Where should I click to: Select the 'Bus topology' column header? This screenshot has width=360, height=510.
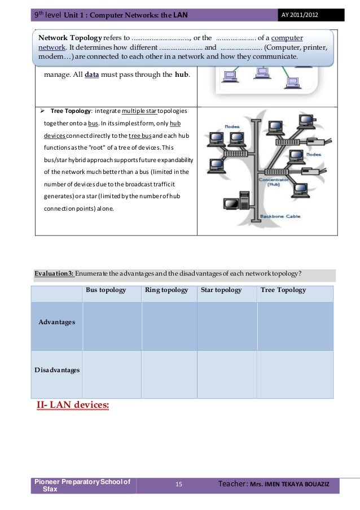[106, 290]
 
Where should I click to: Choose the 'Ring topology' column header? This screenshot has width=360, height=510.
[165, 290]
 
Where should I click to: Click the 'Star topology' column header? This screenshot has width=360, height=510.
[221, 290]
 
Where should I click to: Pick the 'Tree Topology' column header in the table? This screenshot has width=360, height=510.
[283, 290]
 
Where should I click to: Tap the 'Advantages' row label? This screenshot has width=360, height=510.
[56, 322]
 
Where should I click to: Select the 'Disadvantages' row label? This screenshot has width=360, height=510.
[56, 370]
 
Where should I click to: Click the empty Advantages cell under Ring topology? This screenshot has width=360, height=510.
[169, 326]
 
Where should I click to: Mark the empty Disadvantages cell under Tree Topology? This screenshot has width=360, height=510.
[295, 373]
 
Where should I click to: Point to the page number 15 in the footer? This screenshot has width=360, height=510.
[179, 485]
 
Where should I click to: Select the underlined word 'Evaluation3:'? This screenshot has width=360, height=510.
[54, 274]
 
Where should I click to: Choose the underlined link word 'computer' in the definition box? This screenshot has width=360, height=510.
[287, 38]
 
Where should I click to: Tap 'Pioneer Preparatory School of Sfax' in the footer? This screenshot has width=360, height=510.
[82, 485]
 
